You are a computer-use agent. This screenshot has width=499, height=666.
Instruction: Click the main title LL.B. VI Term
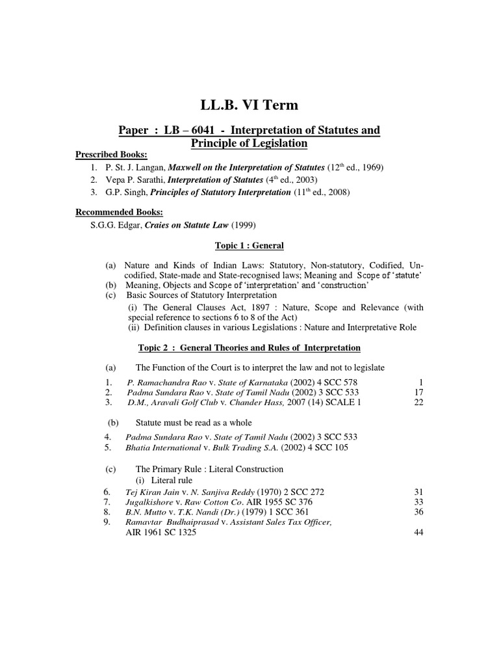point(249,105)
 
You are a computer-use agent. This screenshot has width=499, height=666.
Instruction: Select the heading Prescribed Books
point(112,154)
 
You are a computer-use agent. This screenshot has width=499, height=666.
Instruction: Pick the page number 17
point(419,393)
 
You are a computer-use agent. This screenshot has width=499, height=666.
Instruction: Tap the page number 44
point(419,533)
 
